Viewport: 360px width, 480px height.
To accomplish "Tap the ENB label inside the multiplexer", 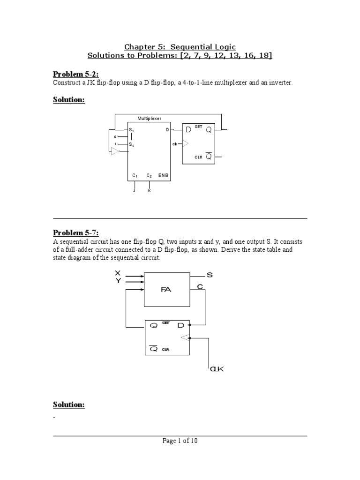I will coord(163,175).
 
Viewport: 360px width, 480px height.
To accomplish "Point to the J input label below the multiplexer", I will coord(135,191).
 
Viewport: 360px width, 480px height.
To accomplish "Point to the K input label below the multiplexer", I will coord(150,191).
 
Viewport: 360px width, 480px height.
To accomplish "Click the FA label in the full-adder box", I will coord(166,289).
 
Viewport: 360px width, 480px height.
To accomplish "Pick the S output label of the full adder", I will coord(210,275).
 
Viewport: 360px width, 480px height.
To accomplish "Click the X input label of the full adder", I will coord(118,273).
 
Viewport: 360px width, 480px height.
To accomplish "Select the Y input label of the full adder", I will coord(118,280).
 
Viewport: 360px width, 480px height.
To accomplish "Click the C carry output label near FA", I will coord(200,286).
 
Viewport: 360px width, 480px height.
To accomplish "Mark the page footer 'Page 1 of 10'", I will coord(180,441).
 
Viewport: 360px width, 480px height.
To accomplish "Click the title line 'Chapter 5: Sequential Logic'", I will coord(180,46).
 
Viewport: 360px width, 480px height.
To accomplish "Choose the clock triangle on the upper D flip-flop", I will coord(186,143).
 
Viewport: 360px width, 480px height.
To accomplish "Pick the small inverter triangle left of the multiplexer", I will coord(115,150).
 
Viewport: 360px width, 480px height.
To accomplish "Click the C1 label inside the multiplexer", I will coord(135,175).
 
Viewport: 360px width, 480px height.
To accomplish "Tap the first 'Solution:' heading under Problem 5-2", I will coord(68,100).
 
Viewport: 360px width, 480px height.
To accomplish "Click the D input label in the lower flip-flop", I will coord(181,325).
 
